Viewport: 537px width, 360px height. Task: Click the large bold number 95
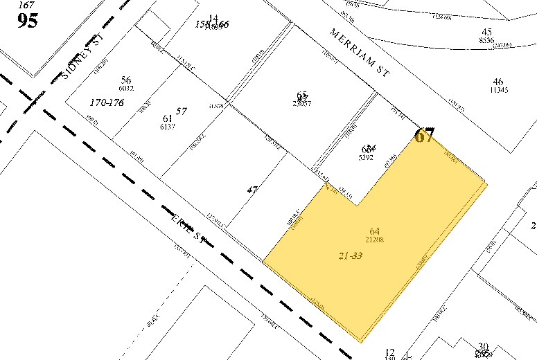point(28,20)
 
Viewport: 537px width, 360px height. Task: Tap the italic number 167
point(26,5)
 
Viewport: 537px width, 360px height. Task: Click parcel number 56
point(126,80)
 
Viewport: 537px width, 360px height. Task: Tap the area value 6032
point(126,88)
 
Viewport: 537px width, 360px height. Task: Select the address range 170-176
point(106,102)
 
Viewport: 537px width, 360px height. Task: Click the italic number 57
point(182,111)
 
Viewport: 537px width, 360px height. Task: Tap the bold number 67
point(424,136)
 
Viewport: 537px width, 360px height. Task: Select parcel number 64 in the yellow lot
point(375,231)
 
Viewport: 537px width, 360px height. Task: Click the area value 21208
point(375,240)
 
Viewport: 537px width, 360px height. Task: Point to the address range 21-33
point(351,255)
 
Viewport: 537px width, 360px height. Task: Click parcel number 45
point(486,32)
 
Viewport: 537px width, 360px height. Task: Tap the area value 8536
point(486,40)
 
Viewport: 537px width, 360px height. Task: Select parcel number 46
point(498,81)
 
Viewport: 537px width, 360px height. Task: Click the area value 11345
point(498,89)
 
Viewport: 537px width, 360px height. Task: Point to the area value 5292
point(367,157)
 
